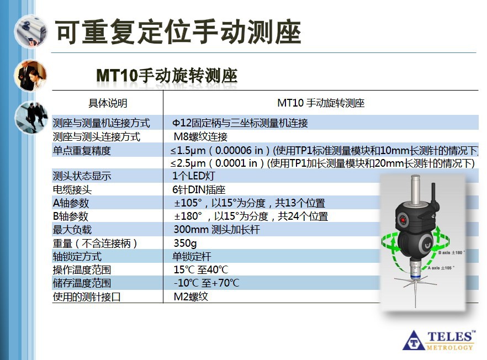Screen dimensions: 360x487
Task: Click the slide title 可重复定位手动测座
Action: tap(178, 33)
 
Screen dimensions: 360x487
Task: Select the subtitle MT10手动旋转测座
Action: tap(167, 75)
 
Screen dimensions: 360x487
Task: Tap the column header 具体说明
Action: tap(108, 103)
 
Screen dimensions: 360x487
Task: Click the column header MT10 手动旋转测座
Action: tap(321, 103)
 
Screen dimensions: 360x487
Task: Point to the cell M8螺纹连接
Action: tap(200, 136)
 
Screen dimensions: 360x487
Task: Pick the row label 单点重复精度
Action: tap(82, 150)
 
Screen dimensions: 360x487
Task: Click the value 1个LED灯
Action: tap(193, 176)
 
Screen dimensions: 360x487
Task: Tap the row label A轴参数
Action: tap(71, 203)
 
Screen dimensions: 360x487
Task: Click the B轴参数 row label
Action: tap(71, 216)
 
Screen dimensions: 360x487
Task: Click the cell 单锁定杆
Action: tap(192, 256)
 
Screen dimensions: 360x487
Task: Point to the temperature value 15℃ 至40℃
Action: tap(200, 270)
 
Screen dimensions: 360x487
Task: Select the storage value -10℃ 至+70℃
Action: tap(207, 283)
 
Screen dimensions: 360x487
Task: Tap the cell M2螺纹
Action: tap(190, 297)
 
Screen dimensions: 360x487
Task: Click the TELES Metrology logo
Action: tap(439, 340)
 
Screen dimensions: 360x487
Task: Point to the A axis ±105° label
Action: tap(439, 267)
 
